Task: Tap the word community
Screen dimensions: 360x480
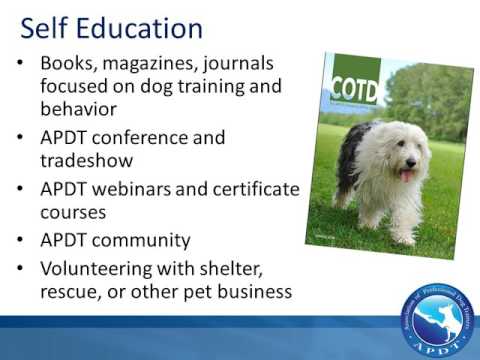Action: (142, 241)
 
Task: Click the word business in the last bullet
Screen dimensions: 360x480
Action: (253, 292)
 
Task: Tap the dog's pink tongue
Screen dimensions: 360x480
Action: (405, 176)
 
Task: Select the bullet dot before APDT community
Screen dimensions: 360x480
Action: (22, 241)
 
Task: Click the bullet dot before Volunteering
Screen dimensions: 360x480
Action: (22, 271)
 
